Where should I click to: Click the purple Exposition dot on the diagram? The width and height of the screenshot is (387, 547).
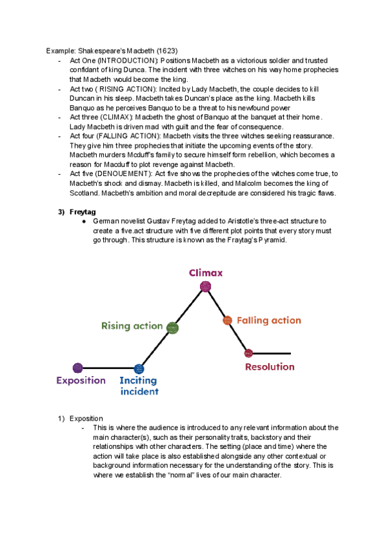pyautogui.click(x=78, y=368)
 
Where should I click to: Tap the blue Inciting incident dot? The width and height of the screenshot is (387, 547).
pyautogui.click(x=139, y=369)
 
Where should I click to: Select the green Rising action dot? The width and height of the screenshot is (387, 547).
pyautogui.click(x=172, y=328)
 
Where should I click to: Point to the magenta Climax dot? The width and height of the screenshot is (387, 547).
pyautogui.click(x=205, y=286)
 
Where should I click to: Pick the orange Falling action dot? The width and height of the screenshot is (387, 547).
pyautogui.click(x=227, y=320)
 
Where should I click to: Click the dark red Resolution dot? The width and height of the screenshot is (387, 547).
pyautogui.click(x=249, y=353)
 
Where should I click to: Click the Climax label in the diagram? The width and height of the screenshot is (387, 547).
pyautogui.click(x=206, y=273)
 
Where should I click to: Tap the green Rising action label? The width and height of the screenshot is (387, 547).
pyautogui.click(x=132, y=326)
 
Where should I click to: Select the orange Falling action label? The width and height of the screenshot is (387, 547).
pyautogui.click(x=268, y=320)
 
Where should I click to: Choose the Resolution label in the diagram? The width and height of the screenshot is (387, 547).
pyautogui.click(x=270, y=367)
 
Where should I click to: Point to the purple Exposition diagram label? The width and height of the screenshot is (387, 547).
pyautogui.click(x=81, y=381)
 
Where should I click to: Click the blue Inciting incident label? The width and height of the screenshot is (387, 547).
pyautogui.click(x=139, y=386)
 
